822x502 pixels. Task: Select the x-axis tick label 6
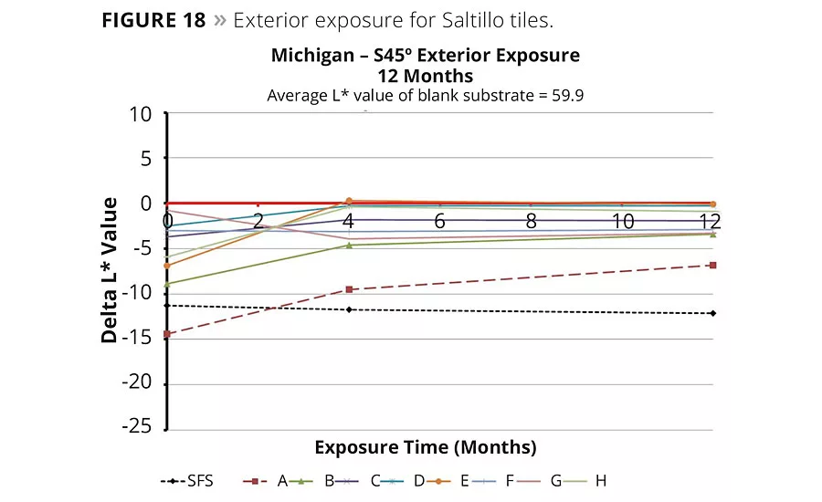[x=439, y=222]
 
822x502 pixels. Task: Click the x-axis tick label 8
[x=531, y=222]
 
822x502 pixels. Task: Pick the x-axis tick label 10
[x=623, y=222]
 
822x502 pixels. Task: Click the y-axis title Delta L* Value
[x=111, y=270]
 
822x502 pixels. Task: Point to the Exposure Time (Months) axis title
[x=425, y=447]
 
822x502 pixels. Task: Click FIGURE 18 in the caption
[x=153, y=20]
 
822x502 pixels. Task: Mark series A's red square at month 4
[x=348, y=289]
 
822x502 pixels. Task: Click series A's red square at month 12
[x=712, y=265]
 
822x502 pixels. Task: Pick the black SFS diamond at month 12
[x=712, y=313]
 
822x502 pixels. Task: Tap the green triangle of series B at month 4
[x=348, y=245]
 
